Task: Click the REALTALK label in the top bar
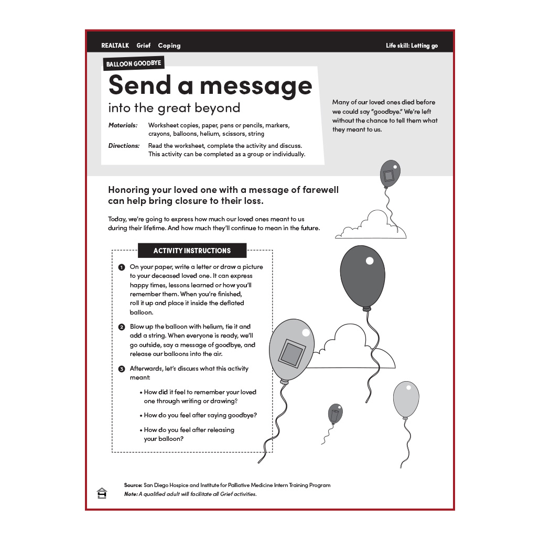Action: (x=115, y=46)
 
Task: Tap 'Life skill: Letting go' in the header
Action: (x=412, y=46)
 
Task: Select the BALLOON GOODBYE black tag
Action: (x=134, y=64)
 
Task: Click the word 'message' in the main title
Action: (x=244, y=85)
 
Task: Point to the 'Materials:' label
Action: (x=123, y=125)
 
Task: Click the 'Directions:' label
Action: (x=124, y=146)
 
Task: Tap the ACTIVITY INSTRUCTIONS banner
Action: (x=192, y=251)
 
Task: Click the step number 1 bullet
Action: (x=122, y=267)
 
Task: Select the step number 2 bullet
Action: (x=122, y=327)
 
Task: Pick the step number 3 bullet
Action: (x=122, y=369)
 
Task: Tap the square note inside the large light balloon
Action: (x=291, y=353)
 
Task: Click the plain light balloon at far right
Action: (x=406, y=399)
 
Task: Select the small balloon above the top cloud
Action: (x=390, y=174)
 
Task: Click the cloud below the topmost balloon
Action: (x=372, y=227)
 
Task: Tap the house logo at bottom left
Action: (x=102, y=493)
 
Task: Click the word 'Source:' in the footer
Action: (x=133, y=485)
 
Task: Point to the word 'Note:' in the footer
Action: (x=131, y=494)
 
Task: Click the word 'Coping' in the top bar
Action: (x=169, y=46)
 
